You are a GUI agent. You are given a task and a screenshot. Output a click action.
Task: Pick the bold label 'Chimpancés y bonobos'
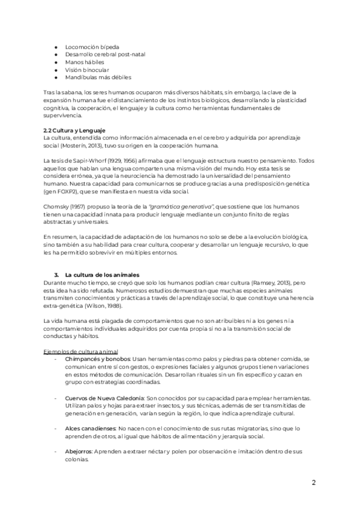pos(96,358)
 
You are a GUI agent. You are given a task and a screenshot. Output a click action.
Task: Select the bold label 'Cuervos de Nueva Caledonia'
pos(104,398)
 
